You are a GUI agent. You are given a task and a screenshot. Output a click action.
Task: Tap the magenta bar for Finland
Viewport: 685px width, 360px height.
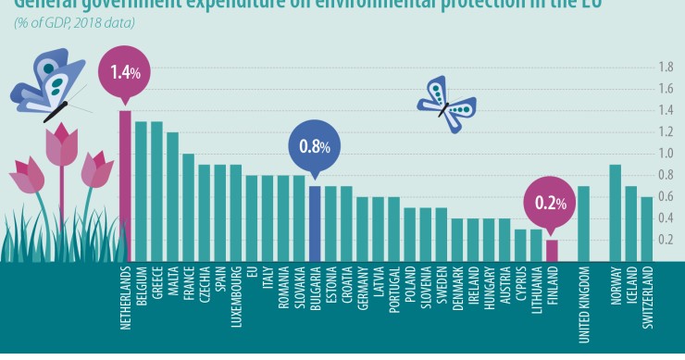pos(552,251)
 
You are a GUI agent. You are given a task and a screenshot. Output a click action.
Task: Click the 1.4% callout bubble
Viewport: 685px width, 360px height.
pos(124,71)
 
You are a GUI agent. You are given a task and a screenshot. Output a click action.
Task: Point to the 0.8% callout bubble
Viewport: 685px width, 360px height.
pos(315,146)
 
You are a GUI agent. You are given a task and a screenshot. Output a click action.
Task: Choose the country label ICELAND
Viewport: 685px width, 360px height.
pos(630,290)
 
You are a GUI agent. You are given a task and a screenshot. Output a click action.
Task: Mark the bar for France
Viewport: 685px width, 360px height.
pos(188,208)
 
